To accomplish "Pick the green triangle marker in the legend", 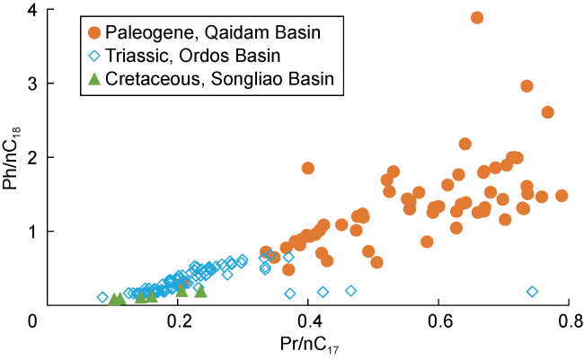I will (94, 79).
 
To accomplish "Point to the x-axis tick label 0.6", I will (438, 320).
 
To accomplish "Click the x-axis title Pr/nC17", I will (302, 344).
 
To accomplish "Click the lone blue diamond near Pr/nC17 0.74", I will (532, 292).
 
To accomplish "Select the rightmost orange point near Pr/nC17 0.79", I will (562, 196).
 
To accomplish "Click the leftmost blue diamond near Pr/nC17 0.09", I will (102, 297).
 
